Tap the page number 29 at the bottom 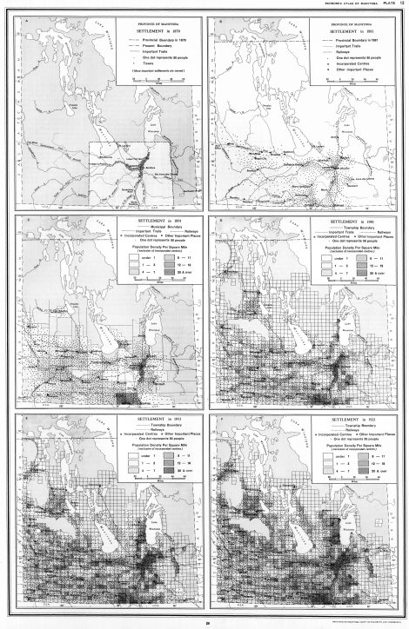[204, 619]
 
